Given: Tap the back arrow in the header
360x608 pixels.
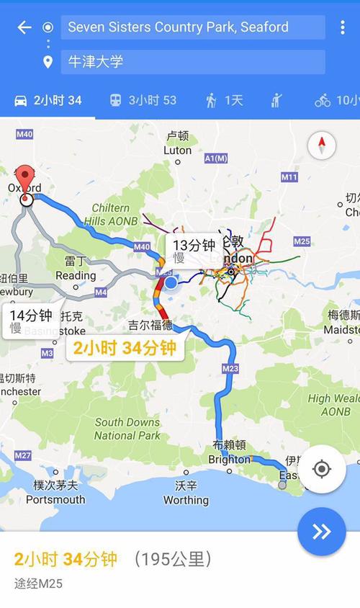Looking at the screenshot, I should tap(24, 27).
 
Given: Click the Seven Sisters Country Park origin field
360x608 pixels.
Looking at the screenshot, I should tap(192, 27).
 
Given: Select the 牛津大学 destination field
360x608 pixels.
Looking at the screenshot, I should tap(192, 62).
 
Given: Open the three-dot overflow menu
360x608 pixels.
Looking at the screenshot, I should tap(342, 28).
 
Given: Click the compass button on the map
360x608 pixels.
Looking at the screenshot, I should tap(322, 146).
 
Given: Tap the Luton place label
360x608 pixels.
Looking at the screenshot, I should tap(178, 151).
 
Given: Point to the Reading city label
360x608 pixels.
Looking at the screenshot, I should tap(76, 275).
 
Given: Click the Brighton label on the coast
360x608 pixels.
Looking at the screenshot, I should tap(229, 459).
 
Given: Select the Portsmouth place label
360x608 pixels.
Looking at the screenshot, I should tap(55, 499).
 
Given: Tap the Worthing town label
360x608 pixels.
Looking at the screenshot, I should tap(186, 500).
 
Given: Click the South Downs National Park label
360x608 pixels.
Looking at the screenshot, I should tap(127, 429).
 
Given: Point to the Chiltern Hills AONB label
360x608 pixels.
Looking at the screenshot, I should tap(110, 215).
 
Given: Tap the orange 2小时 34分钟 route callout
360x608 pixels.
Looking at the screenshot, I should tap(124, 349).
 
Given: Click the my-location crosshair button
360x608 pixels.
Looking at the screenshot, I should tap(322, 469).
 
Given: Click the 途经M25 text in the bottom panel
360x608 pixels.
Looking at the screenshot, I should tap(38, 584).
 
